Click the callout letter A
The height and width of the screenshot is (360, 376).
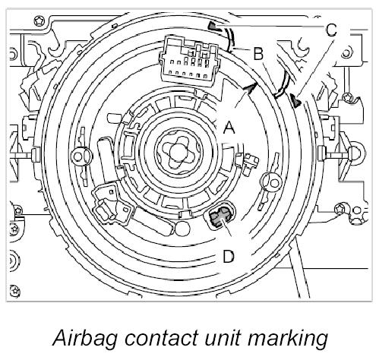pos(229,127)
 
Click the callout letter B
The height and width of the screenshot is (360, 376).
pos(258,53)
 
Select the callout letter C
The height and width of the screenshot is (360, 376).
pos(331,30)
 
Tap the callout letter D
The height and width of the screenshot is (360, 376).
pos(229,256)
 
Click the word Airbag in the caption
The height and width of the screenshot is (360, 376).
pos(85,338)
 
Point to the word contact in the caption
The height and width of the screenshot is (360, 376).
pos(161,338)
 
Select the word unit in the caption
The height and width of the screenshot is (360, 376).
pos(223,338)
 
